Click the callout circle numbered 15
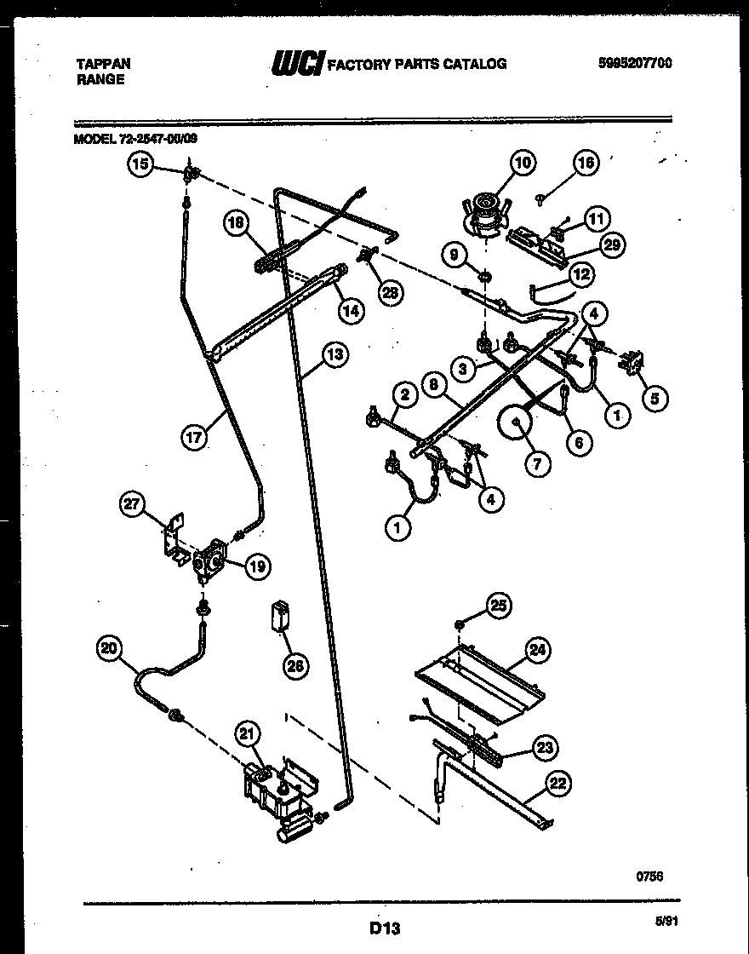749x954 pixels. click(140, 164)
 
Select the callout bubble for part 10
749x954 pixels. click(523, 162)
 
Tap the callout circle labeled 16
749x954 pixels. click(586, 163)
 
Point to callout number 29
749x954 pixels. click(610, 245)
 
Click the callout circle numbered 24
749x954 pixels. click(537, 650)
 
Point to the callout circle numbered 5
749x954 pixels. click(655, 397)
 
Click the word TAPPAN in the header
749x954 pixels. click(104, 63)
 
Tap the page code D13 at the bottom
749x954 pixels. click(385, 927)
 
